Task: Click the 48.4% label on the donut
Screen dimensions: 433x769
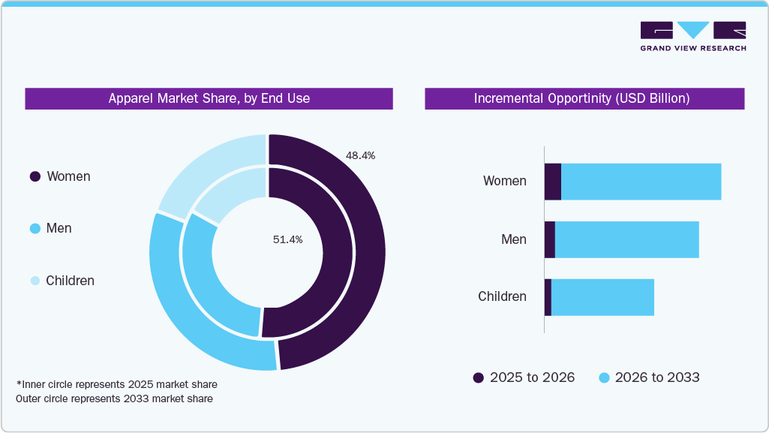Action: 360,155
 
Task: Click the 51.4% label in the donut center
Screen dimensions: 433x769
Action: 287,239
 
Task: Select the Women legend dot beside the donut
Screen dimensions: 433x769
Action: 35,176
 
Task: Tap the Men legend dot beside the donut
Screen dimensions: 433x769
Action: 35,228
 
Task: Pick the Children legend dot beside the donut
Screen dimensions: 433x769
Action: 35,281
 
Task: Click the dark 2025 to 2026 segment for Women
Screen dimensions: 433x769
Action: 553,182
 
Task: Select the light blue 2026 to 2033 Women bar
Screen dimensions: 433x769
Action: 641,182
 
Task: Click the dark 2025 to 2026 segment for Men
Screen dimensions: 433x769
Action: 550,239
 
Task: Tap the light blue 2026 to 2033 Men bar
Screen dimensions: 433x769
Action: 626,239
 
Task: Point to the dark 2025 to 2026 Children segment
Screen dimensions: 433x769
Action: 548,297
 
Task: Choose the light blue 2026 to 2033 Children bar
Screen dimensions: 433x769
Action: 602,297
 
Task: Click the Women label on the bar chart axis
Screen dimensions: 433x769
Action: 504,181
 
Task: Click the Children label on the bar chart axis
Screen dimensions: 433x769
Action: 502,296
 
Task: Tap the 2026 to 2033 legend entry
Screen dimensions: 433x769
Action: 649,377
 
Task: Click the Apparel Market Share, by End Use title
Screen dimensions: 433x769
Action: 209,98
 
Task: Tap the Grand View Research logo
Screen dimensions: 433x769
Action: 692,36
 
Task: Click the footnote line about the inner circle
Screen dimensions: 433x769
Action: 116,384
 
